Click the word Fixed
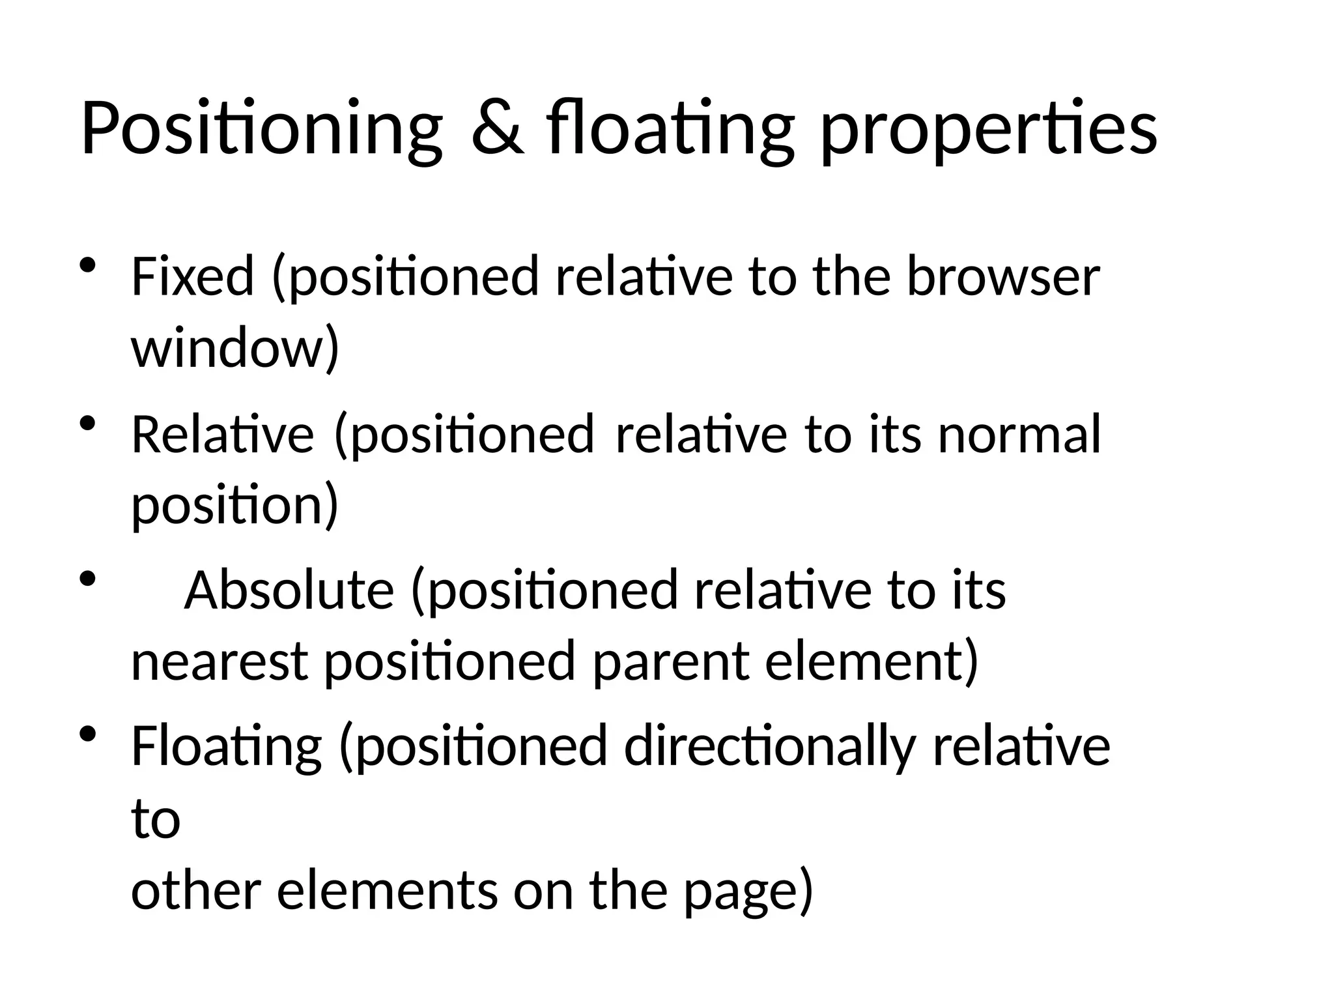click(x=192, y=276)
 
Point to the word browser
click(x=1003, y=276)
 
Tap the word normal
click(x=1019, y=434)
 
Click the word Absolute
click(x=289, y=590)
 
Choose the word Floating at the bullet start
click(x=226, y=746)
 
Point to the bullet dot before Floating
click(x=87, y=734)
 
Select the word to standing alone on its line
click(x=156, y=819)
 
